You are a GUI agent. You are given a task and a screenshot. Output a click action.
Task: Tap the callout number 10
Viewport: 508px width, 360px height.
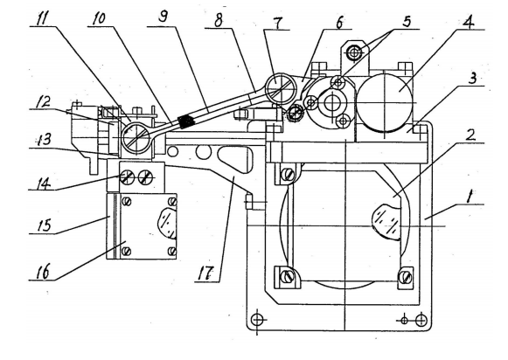tap(99, 18)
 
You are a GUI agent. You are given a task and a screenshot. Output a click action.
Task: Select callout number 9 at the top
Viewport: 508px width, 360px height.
tap(164, 16)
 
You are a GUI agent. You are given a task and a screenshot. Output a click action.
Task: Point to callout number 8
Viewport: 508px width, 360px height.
tap(219, 20)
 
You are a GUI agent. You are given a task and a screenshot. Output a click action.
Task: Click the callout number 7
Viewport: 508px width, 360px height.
tap(277, 22)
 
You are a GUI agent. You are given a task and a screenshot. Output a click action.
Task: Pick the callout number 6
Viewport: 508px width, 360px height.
tap(339, 23)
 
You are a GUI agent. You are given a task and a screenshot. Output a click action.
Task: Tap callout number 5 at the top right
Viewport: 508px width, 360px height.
tap(407, 21)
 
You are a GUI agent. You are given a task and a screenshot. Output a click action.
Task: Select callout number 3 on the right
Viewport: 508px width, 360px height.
tap(473, 78)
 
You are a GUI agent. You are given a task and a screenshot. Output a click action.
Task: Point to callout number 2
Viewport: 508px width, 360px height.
tap(470, 135)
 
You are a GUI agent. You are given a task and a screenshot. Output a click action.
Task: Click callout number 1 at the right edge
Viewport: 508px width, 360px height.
tap(469, 197)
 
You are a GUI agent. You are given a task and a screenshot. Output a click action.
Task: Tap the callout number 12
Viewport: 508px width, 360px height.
tap(44, 101)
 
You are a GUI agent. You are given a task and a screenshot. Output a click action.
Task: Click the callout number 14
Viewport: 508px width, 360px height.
tap(44, 184)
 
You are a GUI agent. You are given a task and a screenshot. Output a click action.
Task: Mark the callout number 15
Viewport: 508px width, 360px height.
tap(44, 225)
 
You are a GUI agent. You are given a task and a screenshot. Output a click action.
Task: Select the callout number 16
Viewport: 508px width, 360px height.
tap(44, 271)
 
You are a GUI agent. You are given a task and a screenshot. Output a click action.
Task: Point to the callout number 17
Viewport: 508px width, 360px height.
tap(206, 273)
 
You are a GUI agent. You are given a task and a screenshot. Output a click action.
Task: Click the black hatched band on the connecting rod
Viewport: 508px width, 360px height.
tap(185, 121)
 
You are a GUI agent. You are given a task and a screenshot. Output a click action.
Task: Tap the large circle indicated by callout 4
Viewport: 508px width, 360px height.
tap(385, 102)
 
